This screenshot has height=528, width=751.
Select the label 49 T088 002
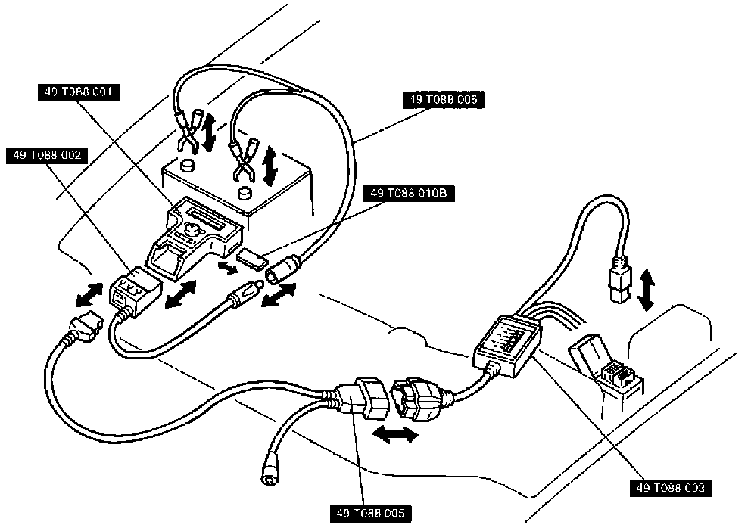(47, 156)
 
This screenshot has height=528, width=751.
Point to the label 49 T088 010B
(408, 194)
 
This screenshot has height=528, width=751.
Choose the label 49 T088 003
(668, 488)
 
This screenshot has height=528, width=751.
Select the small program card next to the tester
(251, 260)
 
